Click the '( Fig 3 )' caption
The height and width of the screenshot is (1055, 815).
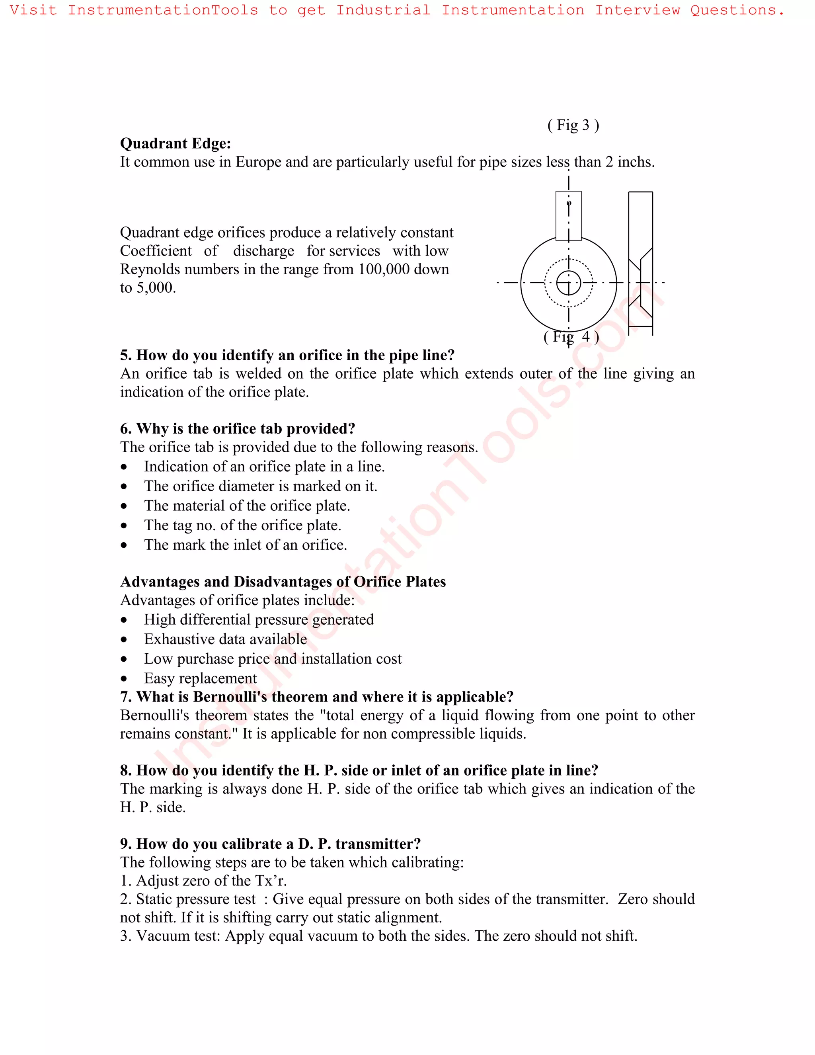[x=573, y=125]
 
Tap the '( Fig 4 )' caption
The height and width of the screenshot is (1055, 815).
[x=571, y=337]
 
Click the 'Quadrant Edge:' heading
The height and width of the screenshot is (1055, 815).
[x=175, y=143]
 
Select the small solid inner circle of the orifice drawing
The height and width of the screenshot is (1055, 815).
[x=568, y=283]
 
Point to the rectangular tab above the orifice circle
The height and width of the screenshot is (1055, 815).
[x=568, y=216]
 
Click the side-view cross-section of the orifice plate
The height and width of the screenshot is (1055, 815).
[x=640, y=263]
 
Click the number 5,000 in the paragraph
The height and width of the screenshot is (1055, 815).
[x=156, y=288]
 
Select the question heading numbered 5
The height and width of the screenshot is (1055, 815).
[x=287, y=355]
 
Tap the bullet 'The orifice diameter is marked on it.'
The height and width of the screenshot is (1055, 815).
[x=260, y=486]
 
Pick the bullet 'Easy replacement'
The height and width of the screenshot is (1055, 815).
[x=201, y=678]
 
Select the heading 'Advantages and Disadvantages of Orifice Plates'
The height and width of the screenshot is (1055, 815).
[x=283, y=582]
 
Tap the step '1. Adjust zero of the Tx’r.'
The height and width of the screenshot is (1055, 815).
[x=203, y=881]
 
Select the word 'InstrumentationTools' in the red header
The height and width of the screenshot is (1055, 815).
[x=163, y=10]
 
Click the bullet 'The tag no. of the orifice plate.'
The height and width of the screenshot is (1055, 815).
[x=242, y=525]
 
